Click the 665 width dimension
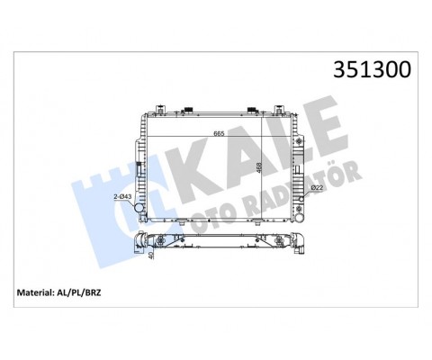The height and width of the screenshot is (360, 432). pyautogui.click(x=219, y=134)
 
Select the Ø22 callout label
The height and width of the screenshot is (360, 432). pyautogui.click(x=318, y=187)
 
